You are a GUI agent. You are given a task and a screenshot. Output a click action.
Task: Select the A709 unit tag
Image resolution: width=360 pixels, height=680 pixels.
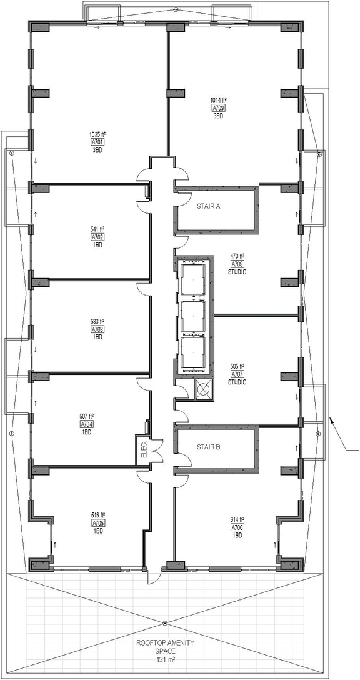click(x=218, y=108)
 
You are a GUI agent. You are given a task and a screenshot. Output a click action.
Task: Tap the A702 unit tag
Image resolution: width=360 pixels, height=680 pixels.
click(x=97, y=237)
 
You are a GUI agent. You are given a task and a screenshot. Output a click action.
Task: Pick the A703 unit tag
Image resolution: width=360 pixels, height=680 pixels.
click(x=97, y=330)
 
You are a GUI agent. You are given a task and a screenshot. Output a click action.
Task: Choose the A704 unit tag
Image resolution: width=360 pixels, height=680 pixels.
click(x=87, y=424)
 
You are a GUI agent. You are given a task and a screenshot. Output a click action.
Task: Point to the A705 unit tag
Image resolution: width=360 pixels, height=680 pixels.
click(x=98, y=523)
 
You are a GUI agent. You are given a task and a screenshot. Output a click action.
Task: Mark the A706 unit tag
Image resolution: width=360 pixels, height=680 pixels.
click(x=237, y=527)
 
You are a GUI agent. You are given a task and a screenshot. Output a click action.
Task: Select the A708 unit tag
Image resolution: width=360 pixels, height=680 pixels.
click(x=237, y=264)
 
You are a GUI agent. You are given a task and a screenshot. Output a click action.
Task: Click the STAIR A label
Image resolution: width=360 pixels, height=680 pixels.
click(x=209, y=207)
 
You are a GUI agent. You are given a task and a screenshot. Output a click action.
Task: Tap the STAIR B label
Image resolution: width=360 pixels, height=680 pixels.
click(x=209, y=447)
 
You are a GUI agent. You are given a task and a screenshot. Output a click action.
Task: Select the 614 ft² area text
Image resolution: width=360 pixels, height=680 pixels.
click(x=237, y=519)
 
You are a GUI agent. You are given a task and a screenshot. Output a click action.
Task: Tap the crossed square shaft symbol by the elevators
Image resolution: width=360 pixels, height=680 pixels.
click(x=203, y=389)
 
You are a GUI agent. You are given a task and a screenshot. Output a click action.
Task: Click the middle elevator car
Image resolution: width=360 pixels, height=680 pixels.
click(x=192, y=317)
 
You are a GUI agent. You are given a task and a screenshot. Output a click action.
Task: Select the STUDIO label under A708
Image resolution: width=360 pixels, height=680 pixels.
click(x=237, y=272)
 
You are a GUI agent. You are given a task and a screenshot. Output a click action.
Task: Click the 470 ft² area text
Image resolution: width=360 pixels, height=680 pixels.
click(x=237, y=256)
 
